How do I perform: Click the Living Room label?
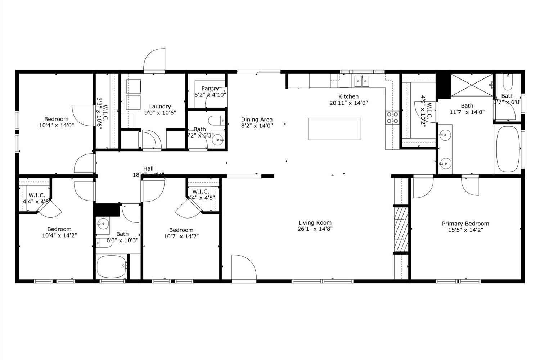click(315, 223)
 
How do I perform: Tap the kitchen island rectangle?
click(334, 129)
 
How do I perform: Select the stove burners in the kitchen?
click(392, 117)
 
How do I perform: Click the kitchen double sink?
click(361, 81)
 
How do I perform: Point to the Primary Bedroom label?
click(465, 224)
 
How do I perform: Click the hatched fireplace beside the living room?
click(401, 229)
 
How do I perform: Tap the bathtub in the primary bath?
click(508, 149)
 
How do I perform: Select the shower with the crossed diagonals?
click(472, 85)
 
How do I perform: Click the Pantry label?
click(210, 89)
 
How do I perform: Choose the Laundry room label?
click(160, 107)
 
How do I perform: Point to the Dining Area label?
click(257, 120)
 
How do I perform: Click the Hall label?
click(148, 168)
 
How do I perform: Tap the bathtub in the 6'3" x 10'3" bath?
click(112, 267)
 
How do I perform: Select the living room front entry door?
click(243, 267)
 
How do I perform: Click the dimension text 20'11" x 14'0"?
click(348, 103)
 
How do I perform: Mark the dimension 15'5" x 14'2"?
click(465, 230)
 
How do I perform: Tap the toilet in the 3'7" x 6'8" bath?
click(508, 84)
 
